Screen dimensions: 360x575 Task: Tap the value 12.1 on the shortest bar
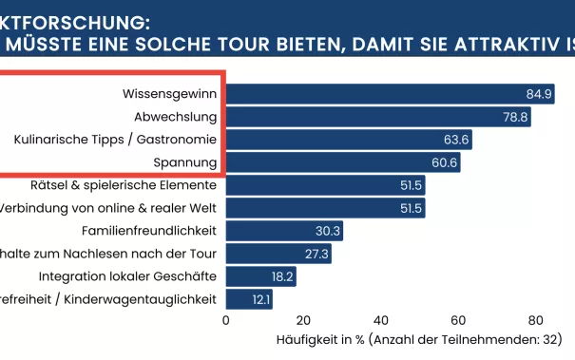point(259,300)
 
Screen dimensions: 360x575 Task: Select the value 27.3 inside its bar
point(315,254)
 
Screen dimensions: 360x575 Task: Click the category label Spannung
point(185,162)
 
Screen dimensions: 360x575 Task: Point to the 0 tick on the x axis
point(226,320)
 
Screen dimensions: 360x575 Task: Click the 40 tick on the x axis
point(381,320)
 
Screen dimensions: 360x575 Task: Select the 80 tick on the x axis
point(536,320)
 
